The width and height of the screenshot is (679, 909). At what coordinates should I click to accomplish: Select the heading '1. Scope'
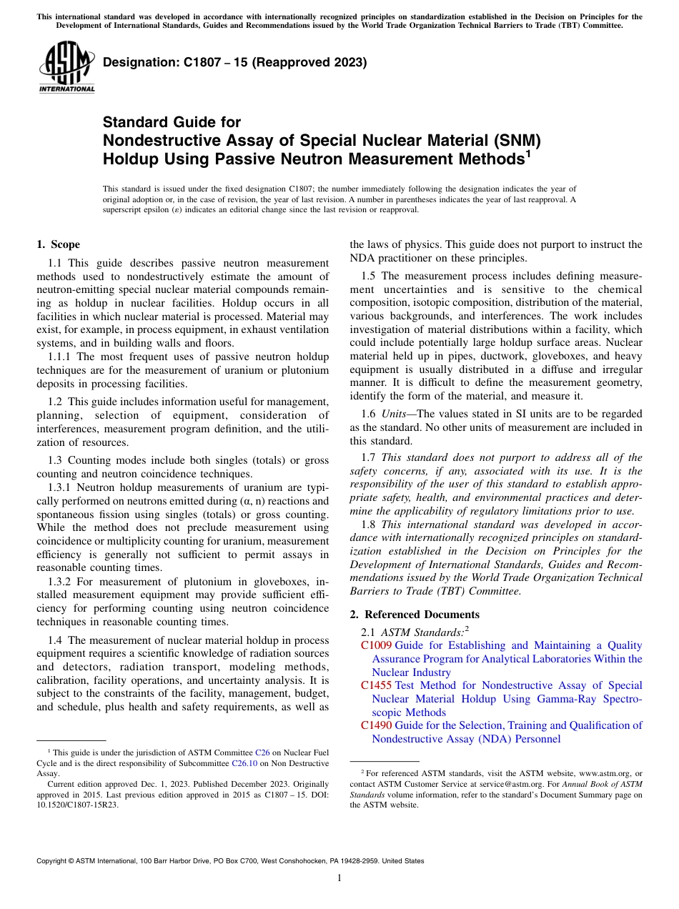click(58, 244)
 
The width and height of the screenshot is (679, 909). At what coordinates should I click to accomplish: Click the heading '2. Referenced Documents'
click(415, 615)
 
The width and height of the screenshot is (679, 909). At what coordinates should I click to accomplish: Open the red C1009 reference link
click(376, 645)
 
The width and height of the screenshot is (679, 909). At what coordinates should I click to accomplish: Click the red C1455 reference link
click(376, 685)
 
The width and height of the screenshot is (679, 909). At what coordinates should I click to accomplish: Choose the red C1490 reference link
click(376, 725)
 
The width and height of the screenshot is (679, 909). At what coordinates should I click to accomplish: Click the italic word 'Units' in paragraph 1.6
click(395, 414)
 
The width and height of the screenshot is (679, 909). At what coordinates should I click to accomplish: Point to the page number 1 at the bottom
click(339, 878)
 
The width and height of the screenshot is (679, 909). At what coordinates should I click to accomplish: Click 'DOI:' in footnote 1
click(317, 794)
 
